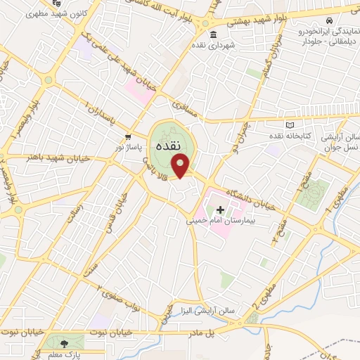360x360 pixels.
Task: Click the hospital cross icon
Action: [220, 210]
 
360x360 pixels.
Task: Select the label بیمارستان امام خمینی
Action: [219, 221]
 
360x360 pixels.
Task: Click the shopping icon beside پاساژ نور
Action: [127, 136]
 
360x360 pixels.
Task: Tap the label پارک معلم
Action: [65, 353]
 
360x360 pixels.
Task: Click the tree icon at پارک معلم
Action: [65, 343]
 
